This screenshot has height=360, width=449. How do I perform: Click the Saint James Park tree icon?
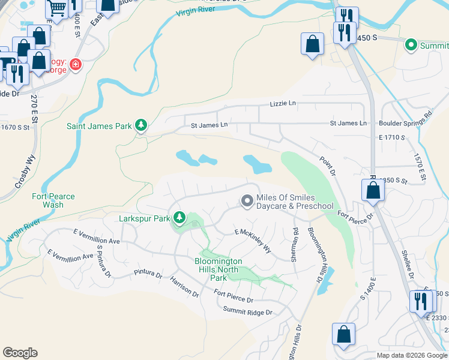pyautogui.click(x=140, y=125)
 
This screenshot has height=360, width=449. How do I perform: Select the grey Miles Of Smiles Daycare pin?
pyautogui.click(x=246, y=202)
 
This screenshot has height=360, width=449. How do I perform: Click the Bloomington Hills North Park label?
pyautogui.click(x=218, y=269)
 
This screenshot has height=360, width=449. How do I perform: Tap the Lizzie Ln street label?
pyautogui.click(x=284, y=104)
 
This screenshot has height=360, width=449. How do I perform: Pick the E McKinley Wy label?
pyautogui.click(x=253, y=240)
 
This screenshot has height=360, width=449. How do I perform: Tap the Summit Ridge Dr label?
pyautogui.click(x=247, y=312)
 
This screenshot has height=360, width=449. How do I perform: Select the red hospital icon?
pyautogui.click(x=76, y=64)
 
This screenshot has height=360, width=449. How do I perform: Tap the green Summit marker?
pyautogui.click(x=411, y=44)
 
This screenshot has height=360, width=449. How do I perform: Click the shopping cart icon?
pyautogui.click(x=56, y=8)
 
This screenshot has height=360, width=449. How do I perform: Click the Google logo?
pyautogui.click(x=20, y=353)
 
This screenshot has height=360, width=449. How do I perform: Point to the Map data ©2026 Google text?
pyautogui.click(x=411, y=355)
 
